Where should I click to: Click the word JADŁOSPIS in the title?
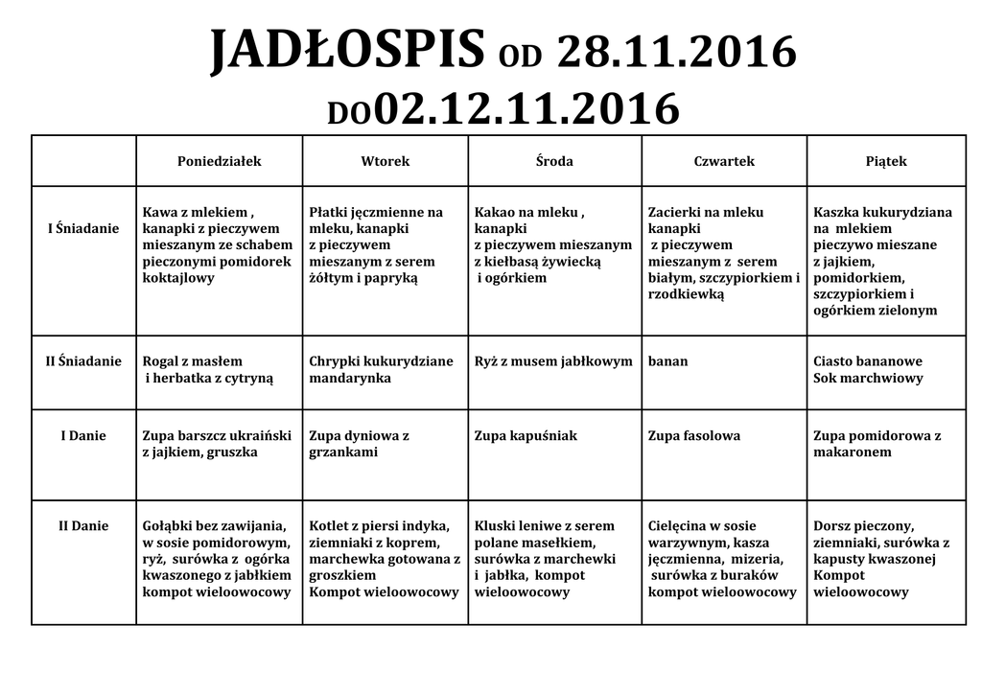347,52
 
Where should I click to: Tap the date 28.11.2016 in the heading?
676,52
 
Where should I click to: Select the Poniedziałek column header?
220,161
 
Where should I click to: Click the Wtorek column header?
385,161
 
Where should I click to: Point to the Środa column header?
554,161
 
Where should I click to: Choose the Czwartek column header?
724,161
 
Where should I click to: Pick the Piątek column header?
886,161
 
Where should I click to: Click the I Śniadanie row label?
83,228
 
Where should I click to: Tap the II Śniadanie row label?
83,361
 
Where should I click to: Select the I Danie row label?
83,435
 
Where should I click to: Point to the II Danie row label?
83,525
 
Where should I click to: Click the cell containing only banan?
667,362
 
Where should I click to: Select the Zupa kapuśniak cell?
526,436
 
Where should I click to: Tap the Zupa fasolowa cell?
694,436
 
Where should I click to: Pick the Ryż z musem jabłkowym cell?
553,362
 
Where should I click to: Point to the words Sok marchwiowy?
868,379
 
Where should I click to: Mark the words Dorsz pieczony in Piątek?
863,526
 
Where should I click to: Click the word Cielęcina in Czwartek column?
681,526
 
